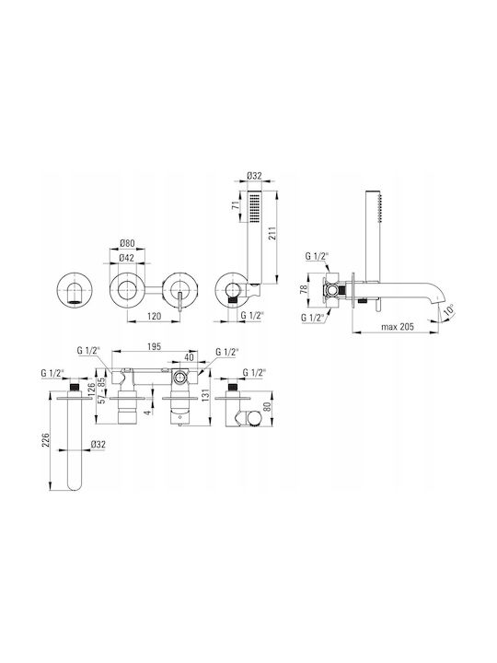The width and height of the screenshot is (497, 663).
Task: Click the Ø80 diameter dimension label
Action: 127,243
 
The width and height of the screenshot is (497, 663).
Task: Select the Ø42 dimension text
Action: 127,258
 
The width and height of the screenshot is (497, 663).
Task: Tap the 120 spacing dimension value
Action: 156,316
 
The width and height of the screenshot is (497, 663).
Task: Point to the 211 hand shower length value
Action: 272,233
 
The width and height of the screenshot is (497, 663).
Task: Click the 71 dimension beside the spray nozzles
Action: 237,205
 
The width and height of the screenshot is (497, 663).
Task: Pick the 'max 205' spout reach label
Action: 398,326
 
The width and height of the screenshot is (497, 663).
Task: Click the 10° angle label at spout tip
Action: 449,310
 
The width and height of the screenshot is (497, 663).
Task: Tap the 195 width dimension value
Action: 155,347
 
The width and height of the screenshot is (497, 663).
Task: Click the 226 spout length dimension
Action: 47,440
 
